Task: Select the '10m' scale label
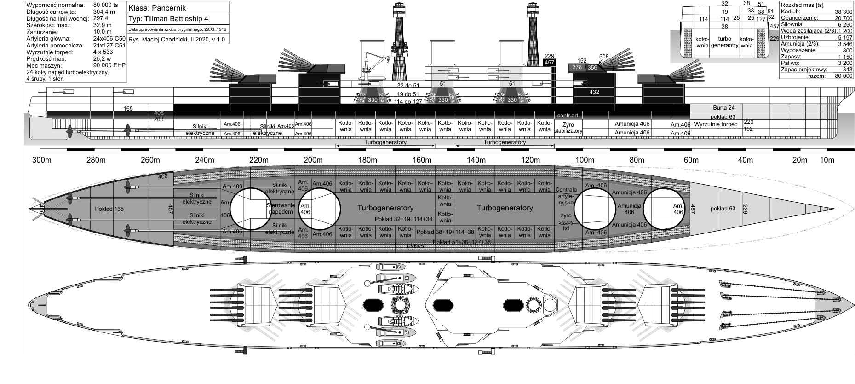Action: point(827,160)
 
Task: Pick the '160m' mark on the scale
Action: point(422,160)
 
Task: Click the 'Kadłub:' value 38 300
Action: point(843,12)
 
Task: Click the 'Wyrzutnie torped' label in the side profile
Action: point(716,124)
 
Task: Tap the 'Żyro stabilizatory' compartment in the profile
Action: point(568,128)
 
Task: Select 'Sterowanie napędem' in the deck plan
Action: point(280,209)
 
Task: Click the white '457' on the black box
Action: point(549,63)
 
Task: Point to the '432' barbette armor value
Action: point(594,92)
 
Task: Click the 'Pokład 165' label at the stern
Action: point(109,209)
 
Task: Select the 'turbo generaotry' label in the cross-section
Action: point(724,42)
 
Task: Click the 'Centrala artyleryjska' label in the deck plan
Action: point(566,195)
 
